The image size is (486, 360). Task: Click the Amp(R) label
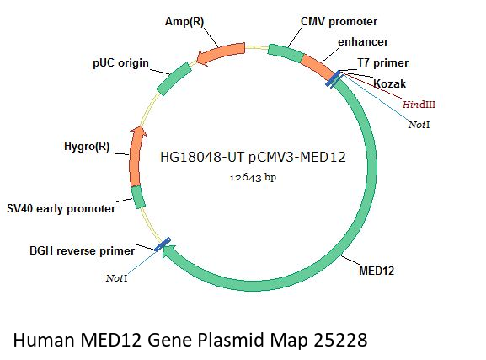click(x=184, y=22)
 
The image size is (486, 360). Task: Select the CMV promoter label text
click(x=339, y=22)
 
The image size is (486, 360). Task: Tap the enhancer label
click(x=363, y=42)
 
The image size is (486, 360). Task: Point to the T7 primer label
click(x=382, y=63)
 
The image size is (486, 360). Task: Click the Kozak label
click(x=390, y=83)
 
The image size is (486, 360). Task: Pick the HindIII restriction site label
click(x=419, y=105)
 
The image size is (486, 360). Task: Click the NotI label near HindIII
click(x=419, y=125)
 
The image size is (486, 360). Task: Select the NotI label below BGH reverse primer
click(x=116, y=278)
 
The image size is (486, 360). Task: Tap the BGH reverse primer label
click(x=83, y=250)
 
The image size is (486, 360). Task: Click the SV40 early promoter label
click(x=61, y=208)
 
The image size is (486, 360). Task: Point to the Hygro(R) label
click(x=87, y=146)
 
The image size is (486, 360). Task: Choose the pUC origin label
click(x=121, y=63)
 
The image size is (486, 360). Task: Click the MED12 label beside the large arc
click(x=377, y=271)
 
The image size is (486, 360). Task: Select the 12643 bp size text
click(x=253, y=177)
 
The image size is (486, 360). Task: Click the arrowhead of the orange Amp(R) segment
click(x=201, y=57)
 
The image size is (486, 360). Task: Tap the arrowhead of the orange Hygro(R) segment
click(x=138, y=132)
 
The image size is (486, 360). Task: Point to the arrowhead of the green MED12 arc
click(x=168, y=250)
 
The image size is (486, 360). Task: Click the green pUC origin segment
click(x=174, y=78)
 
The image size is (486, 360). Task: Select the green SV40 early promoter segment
click(x=138, y=197)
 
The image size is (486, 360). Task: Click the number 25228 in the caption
click(x=340, y=340)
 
